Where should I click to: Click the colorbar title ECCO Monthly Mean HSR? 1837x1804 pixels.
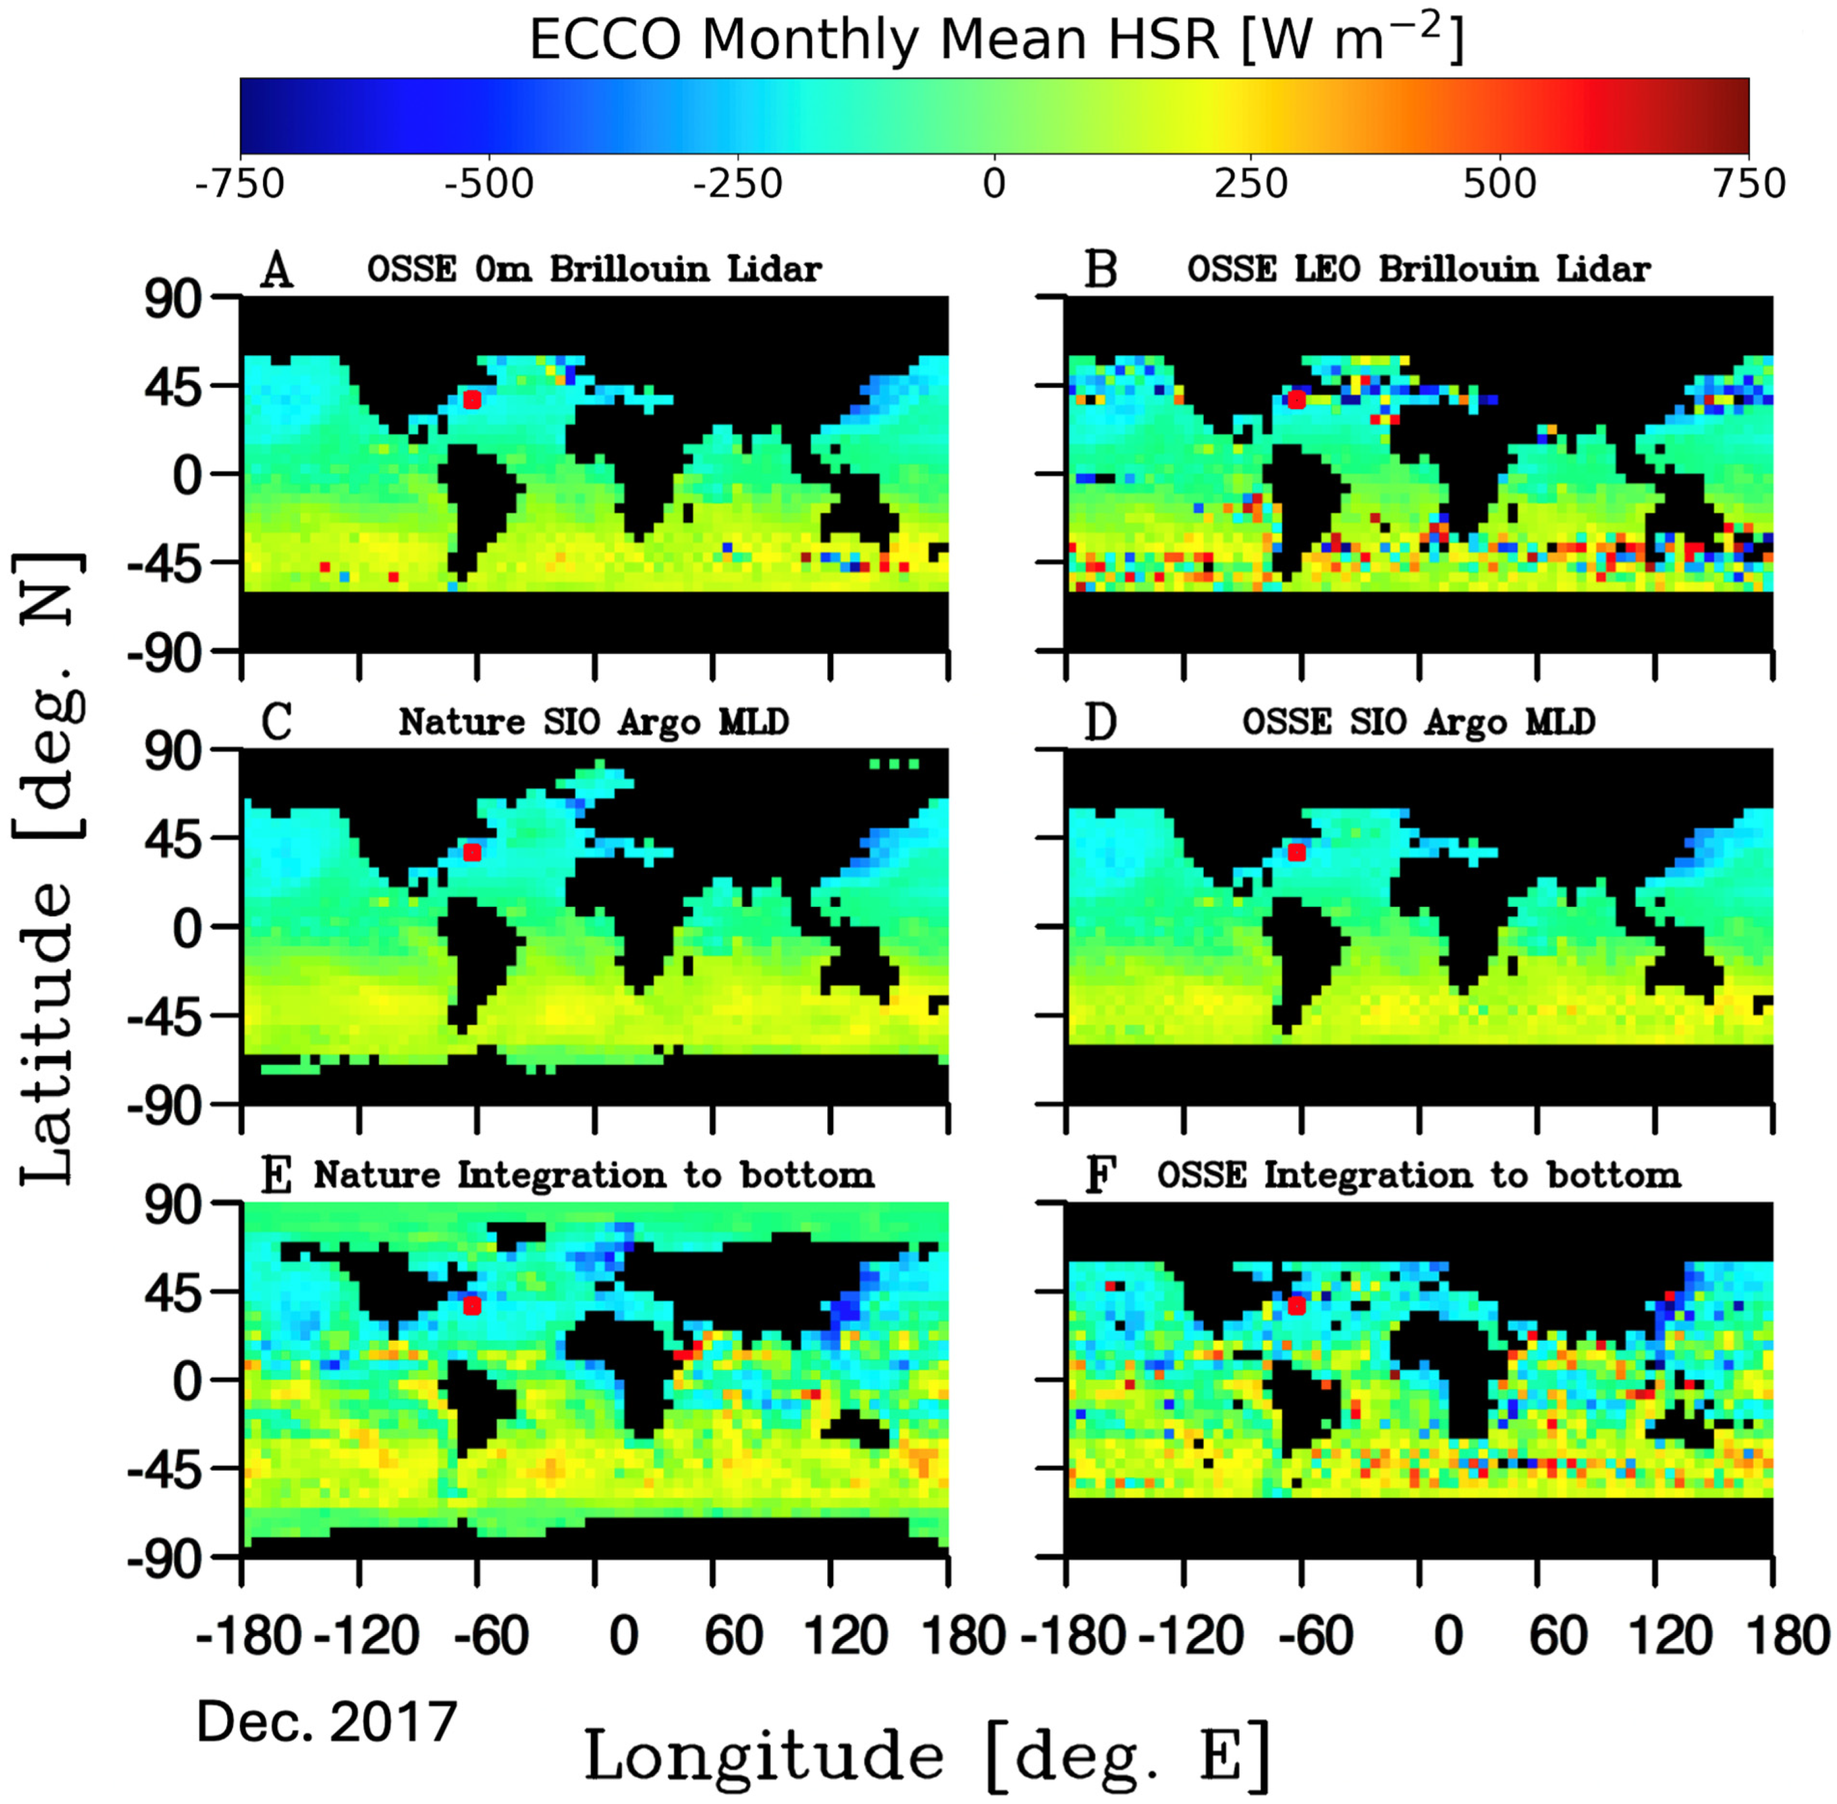[x=995, y=40]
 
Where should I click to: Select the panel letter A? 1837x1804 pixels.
[x=277, y=270]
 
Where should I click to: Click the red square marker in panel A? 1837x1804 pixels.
[x=472, y=400]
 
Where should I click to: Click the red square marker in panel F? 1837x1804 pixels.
[x=1296, y=1306]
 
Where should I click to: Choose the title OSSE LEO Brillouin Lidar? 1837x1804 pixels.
[x=1418, y=270]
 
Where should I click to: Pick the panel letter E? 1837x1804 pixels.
[x=276, y=1176]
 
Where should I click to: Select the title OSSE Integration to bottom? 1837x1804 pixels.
[x=1418, y=1176]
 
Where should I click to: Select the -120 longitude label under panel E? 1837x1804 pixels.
[x=367, y=1636]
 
